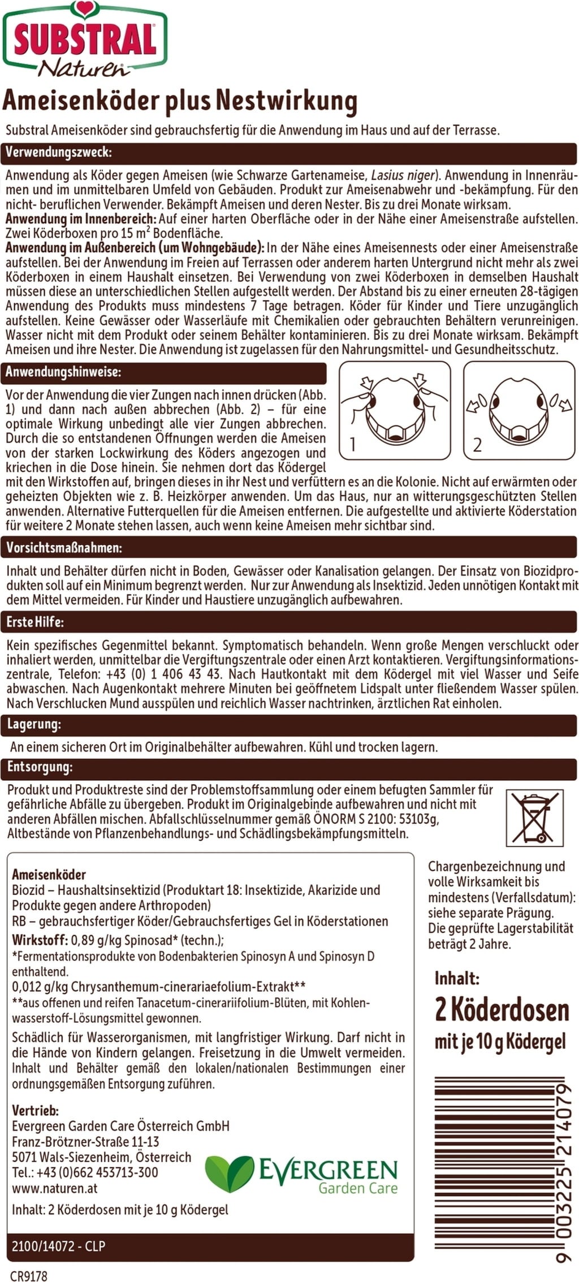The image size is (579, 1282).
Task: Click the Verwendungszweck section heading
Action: pyautogui.click(x=59, y=153)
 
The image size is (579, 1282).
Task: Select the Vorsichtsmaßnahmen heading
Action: pyautogui.click(x=64, y=547)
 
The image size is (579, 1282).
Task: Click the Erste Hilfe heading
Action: pyautogui.click(x=35, y=622)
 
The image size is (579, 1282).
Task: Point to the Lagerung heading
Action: pyautogui.click(x=33, y=724)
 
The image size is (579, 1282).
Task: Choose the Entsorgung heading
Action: pyautogui.click(x=40, y=767)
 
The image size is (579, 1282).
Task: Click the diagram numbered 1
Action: pyautogui.click(x=394, y=411)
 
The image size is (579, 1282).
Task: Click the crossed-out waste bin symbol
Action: pyautogui.click(x=534, y=818)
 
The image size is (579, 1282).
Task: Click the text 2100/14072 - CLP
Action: pyautogui.click(x=59, y=1246)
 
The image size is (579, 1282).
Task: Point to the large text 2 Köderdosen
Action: pyautogui.click(x=502, y=1010)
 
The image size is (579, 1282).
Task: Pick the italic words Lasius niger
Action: pyautogui.click(x=404, y=174)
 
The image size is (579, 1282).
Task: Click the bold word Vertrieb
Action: pyautogui.click(x=35, y=1110)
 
